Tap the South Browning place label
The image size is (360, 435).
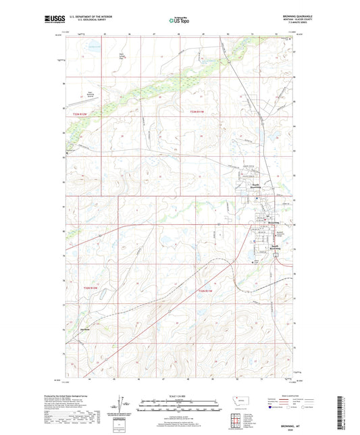pyautogui.click(x=274, y=247)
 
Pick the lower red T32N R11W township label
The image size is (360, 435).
pyautogui.click(x=205, y=291)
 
